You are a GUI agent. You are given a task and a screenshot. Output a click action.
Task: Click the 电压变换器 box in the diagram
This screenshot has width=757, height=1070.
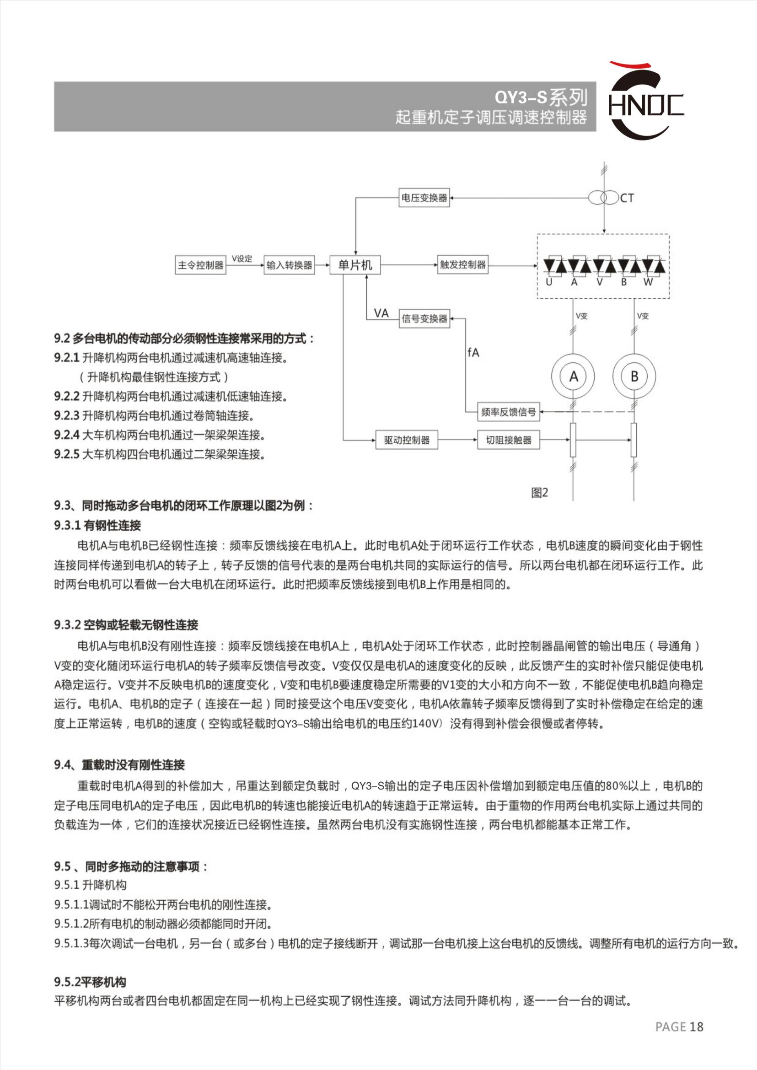point(424,198)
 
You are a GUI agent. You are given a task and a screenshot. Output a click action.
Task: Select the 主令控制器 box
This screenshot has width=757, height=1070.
point(200,265)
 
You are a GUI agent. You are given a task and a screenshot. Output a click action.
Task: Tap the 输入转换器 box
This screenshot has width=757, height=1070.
point(289,265)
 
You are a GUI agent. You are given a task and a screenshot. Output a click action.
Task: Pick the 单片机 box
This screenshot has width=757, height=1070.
point(355,265)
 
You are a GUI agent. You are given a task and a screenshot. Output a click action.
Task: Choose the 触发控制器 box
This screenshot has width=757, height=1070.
point(462,265)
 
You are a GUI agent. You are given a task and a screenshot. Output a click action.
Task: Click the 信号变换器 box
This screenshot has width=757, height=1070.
point(424,319)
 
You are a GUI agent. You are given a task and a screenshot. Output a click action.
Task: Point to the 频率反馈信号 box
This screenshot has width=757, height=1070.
point(508,412)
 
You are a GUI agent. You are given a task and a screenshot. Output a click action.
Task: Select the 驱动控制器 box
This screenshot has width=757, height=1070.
point(407,440)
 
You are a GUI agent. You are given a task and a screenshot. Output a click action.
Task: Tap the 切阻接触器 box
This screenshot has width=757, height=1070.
point(508,440)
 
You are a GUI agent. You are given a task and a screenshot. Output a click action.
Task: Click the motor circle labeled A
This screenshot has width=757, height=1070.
point(573,376)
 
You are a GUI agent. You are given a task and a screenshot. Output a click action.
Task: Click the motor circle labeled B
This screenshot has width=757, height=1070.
point(634,376)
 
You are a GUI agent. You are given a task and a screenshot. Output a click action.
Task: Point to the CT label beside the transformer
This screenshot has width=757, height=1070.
point(627,199)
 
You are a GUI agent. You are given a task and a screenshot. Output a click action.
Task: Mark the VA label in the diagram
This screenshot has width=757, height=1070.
point(381,313)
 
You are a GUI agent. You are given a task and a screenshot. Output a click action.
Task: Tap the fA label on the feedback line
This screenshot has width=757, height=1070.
point(473,352)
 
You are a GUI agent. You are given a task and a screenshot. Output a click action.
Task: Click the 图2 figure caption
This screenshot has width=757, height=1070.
point(539,492)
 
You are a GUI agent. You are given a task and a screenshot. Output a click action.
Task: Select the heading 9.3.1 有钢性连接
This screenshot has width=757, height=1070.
point(97,526)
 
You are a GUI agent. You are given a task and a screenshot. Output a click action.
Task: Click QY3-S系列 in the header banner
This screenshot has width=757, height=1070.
point(541,97)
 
